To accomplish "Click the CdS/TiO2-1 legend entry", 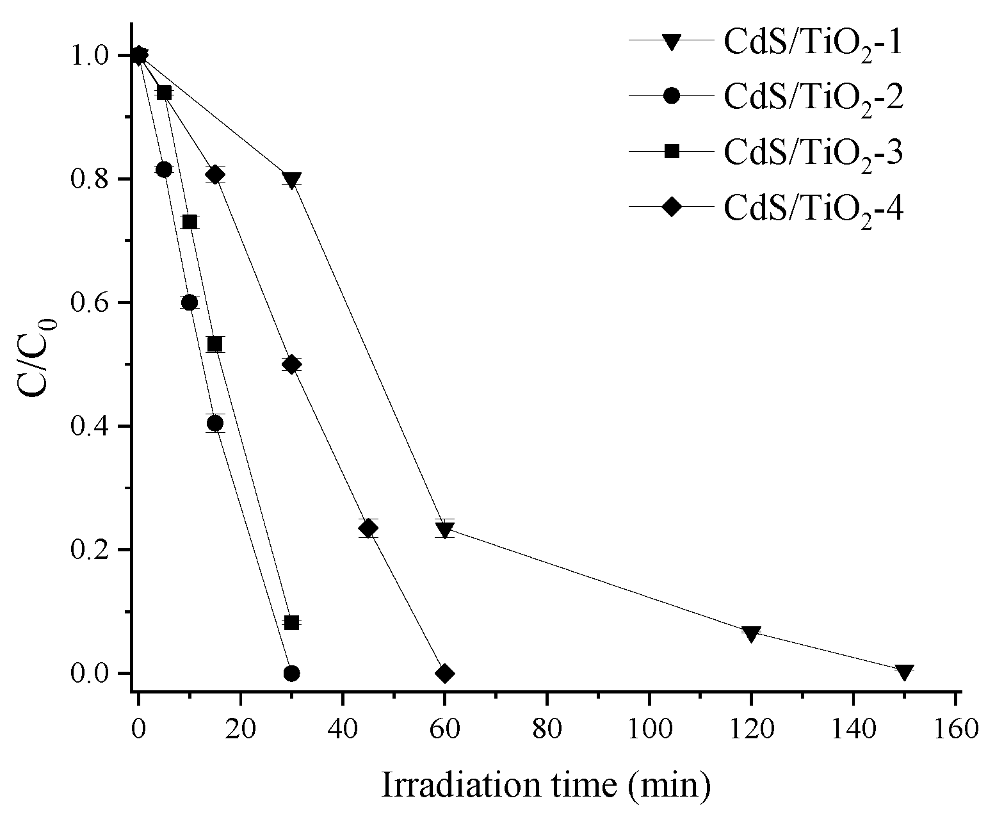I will click(813, 42).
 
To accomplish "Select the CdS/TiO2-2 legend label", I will click(813, 97).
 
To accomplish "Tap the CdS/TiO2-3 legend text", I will click(813, 152).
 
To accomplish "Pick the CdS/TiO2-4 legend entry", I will click(813, 207).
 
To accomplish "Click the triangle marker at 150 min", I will click(904, 672).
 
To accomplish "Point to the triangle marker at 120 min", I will click(751, 633).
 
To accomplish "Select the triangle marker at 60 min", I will click(444, 530).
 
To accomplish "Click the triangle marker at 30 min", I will click(291, 180).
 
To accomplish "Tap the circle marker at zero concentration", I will click(291, 673).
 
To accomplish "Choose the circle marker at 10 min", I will click(190, 302).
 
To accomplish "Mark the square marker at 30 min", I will click(291, 622).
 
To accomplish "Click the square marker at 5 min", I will click(164, 92).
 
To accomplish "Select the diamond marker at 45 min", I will click(368, 528).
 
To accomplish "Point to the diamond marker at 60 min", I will click(444, 673).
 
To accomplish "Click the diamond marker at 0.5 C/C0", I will click(291, 364).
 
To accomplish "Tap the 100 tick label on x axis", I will click(649, 729).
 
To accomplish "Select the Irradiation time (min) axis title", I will click(546, 785).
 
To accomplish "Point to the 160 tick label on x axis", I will click(955, 729).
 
